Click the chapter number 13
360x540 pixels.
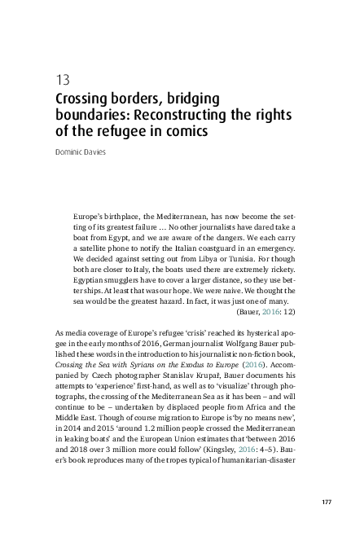click(x=62, y=81)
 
